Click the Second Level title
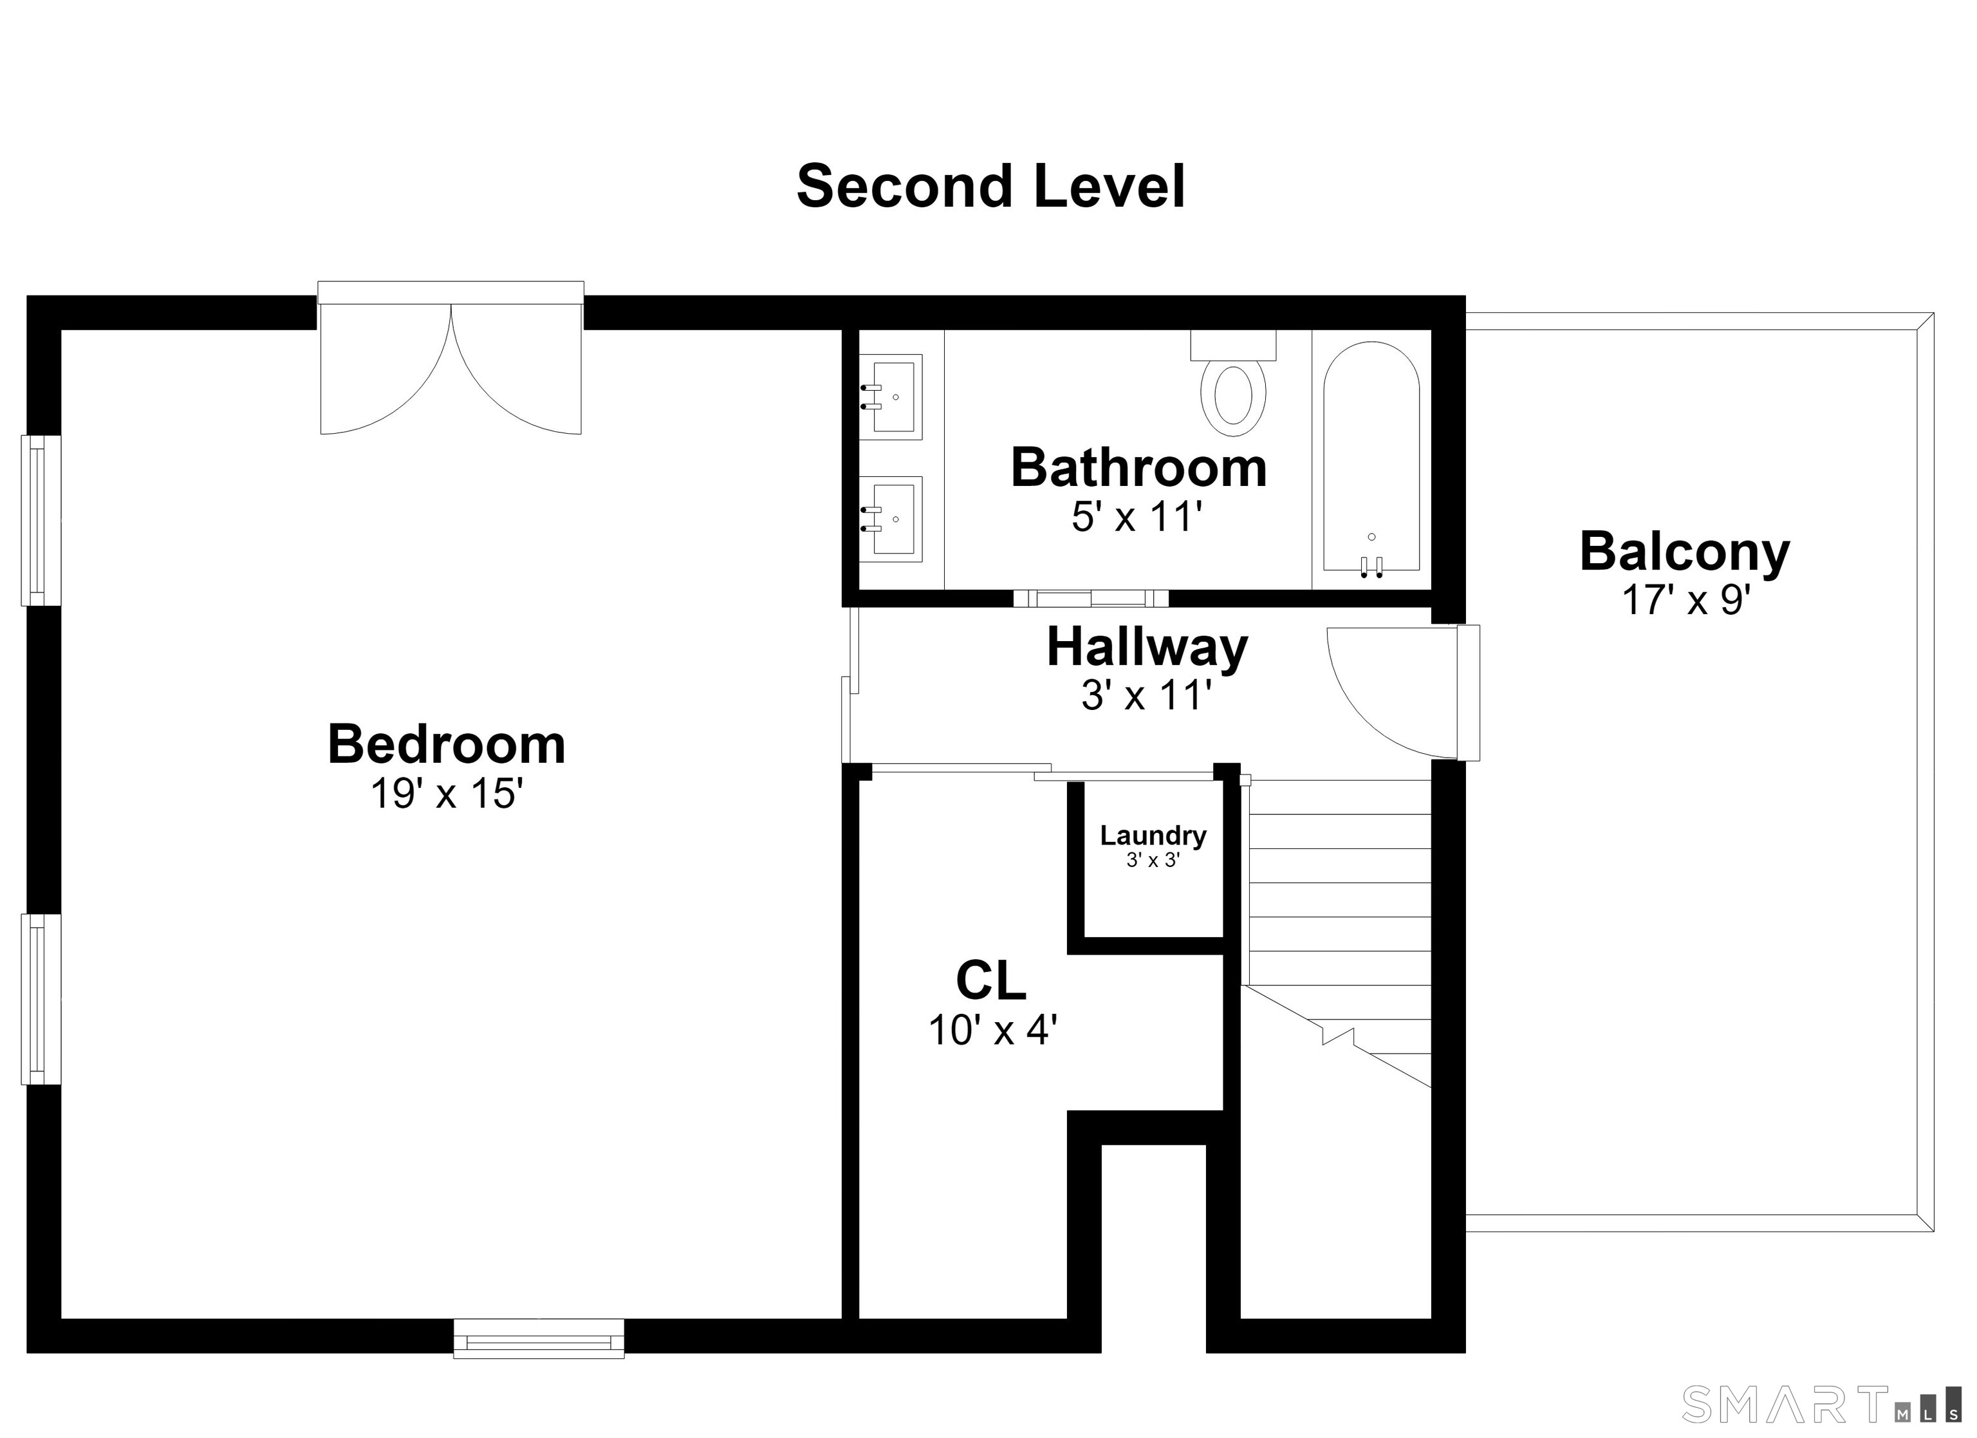[x=990, y=187]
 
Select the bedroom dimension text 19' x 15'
[x=447, y=794]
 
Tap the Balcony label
[x=1685, y=552]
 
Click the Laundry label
[x=1153, y=836]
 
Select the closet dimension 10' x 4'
[x=993, y=1030]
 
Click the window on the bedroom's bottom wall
[x=539, y=1339]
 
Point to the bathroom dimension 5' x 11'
[x=1138, y=517]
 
